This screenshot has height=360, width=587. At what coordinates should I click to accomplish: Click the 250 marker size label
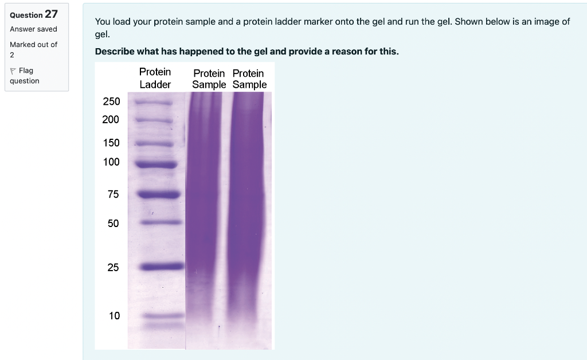(111, 101)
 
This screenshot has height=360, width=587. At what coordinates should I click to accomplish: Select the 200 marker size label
(111, 119)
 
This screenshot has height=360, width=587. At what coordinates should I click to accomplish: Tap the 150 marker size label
(111, 143)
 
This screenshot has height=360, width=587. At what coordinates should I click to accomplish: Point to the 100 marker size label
(111, 162)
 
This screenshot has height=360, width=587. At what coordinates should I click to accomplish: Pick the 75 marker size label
(114, 194)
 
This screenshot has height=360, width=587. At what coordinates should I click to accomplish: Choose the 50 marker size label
(114, 223)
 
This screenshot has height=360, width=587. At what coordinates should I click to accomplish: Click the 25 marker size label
(114, 267)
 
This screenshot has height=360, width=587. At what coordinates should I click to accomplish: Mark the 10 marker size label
(114, 315)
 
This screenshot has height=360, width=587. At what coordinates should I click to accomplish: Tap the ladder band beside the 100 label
(156, 165)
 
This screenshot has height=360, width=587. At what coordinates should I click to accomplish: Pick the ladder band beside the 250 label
(153, 103)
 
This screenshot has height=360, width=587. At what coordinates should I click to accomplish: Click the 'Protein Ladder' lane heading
(155, 78)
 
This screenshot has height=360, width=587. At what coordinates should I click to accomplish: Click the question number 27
(52, 14)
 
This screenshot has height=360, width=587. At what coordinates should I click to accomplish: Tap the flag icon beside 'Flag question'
(13, 71)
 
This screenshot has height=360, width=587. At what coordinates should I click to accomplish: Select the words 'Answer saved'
(33, 29)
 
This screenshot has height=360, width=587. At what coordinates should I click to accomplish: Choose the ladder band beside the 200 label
(154, 122)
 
